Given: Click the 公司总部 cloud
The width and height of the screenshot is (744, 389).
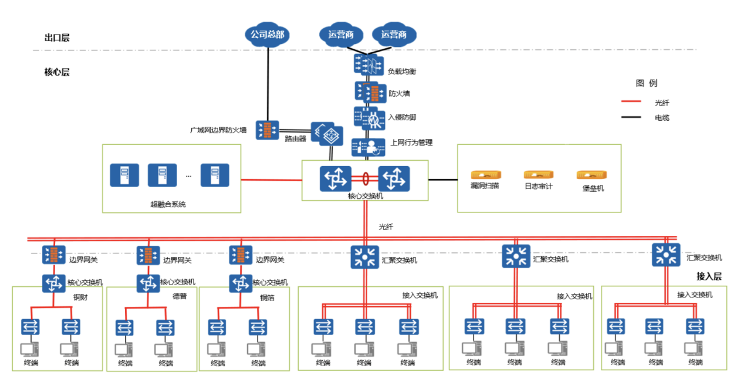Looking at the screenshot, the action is (x=268, y=35).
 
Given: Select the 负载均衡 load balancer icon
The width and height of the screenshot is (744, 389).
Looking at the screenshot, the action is (x=368, y=64).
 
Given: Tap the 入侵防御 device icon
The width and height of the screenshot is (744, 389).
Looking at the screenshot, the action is (x=369, y=119).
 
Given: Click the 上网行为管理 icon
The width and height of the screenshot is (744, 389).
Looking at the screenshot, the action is (x=368, y=147).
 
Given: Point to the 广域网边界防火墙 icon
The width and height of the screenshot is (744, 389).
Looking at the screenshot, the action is (x=268, y=130).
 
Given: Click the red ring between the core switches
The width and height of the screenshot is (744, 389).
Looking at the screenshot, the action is (x=366, y=179).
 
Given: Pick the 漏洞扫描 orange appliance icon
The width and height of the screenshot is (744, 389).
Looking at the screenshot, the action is (x=486, y=174).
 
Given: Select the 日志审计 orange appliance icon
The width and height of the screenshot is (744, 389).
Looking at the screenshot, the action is (x=539, y=174).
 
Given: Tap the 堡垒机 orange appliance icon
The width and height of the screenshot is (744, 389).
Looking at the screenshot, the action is (x=591, y=175).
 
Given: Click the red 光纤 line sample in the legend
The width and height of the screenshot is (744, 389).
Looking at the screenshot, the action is (x=631, y=102).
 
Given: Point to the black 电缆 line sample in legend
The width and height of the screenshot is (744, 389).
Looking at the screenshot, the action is (x=631, y=117).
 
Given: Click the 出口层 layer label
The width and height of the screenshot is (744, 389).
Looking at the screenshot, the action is (x=57, y=38).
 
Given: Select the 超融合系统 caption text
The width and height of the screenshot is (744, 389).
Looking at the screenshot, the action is (x=168, y=204).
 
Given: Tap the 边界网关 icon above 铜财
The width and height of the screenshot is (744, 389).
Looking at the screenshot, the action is (x=54, y=255).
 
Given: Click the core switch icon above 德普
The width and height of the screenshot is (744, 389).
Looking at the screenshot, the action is (x=148, y=283).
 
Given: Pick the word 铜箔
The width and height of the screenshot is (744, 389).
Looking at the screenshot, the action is (x=267, y=297).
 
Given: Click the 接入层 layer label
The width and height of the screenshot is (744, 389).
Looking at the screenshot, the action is (x=709, y=276).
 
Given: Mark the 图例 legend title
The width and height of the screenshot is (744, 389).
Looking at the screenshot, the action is (x=647, y=83).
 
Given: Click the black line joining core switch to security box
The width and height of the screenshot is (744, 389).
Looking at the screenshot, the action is (x=443, y=180).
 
